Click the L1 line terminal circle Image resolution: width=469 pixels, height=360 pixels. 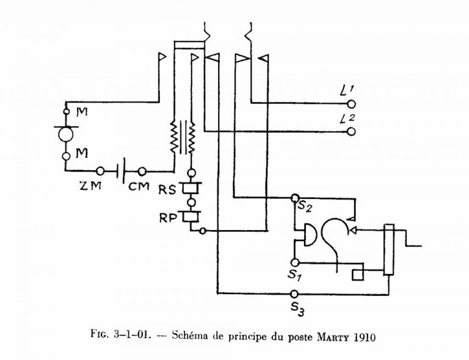pyautogui.click(x=352, y=104)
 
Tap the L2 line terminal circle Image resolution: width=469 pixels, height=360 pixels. pyautogui.click(x=352, y=131)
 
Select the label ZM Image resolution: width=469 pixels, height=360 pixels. pyautogui.click(x=90, y=186)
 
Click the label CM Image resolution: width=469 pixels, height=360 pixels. pyautogui.click(x=139, y=187)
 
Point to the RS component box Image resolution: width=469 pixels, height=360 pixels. pyautogui.click(x=191, y=188)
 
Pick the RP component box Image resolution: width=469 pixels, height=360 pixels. pyautogui.click(x=191, y=217)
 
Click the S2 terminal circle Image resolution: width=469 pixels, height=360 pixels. pyautogui.click(x=295, y=198)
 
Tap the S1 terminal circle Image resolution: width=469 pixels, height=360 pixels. pyautogui.click(x=294, y=262)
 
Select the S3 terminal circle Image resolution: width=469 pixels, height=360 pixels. pyautogui.click(x=294, y=294)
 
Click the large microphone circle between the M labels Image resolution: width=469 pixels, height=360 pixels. pyautogui.click(x=66, y=134)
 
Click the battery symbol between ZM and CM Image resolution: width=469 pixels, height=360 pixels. pyautogui.click(x=120, y=171)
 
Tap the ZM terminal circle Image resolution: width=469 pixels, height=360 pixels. pyautogui.click(x=101, y=171)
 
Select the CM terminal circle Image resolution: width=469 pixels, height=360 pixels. pyautogui.click(x=142, y=171)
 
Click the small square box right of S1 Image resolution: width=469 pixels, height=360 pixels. pyautogui.click(x=358, y=275)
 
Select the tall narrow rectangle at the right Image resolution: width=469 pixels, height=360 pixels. pyautogui.click(x=389, y=249)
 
